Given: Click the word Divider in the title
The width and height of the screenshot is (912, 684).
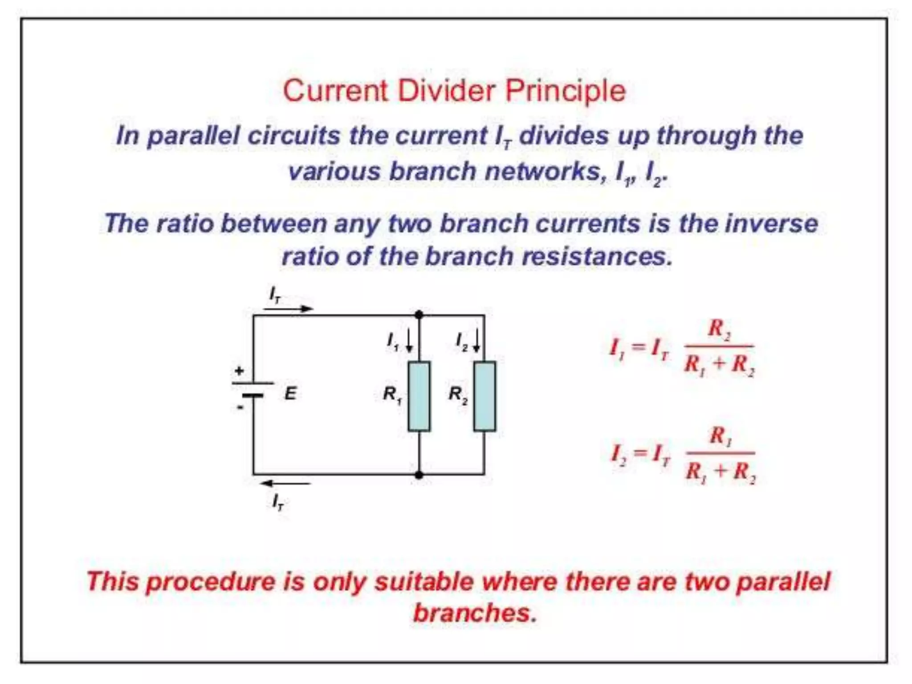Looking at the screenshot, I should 446,91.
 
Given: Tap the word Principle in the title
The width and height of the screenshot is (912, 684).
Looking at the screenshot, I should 566,92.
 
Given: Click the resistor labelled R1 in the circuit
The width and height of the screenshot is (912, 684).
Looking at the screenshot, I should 419,396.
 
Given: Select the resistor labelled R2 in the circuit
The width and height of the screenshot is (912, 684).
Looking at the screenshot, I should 484,396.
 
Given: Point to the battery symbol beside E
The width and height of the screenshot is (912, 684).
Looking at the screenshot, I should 253,389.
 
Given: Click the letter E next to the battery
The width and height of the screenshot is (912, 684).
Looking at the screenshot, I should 290,394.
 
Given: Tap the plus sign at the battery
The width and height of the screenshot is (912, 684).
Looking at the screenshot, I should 240,370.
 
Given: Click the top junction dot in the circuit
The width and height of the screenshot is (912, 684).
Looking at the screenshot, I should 419,315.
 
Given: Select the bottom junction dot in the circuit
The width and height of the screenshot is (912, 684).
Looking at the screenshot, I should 419,475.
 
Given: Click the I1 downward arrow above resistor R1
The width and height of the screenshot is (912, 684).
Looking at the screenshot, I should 409,342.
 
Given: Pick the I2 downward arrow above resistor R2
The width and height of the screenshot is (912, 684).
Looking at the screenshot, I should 476,341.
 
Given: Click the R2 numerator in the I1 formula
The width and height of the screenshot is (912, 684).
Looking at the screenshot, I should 719,330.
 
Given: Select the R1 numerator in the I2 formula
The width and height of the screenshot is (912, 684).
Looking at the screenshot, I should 721,436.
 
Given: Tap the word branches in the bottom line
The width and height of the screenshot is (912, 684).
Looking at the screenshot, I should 475,614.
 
